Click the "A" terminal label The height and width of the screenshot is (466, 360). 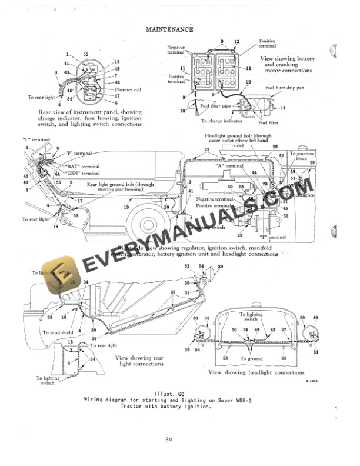[x=230, y=167]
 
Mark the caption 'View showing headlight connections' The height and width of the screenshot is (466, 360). [x=256, y=372]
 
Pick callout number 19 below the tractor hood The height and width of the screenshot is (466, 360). [x=126, y=207]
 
